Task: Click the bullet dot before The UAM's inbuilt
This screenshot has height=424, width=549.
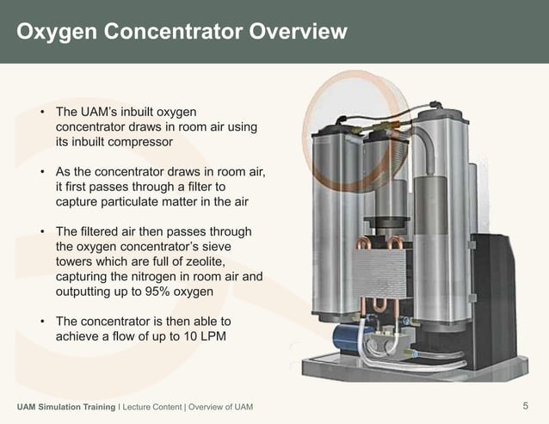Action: click(x=40, y=113)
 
